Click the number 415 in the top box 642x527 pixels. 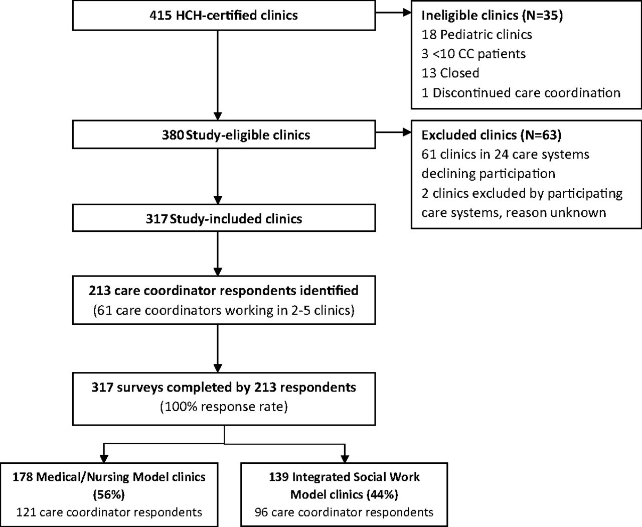coord(160,15)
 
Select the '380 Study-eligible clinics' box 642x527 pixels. coord(224,135)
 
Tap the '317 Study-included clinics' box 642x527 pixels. coord(224,218)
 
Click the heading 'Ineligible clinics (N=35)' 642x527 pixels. coord(492,15)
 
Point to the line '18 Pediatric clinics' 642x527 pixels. coord(476,35)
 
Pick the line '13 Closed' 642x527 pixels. coord(450,73)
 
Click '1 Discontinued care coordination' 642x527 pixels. coord(521,93)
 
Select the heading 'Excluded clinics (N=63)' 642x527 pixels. coord(492,135)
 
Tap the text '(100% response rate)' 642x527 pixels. coord(224,407)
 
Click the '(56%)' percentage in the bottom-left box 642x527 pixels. coord(109,494)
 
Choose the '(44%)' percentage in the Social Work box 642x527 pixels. coord(382,494)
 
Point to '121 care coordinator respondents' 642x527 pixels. coord(109,512)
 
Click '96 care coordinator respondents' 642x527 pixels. coord(344,512)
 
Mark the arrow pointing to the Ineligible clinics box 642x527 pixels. coord(394,13)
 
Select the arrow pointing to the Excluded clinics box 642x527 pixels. coord(394,132)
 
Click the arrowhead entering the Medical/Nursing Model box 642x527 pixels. coord(104,458)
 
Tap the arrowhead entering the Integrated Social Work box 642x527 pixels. coord(345,458)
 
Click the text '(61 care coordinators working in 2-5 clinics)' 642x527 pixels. coord(224,310)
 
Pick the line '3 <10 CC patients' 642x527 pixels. coord(473,54)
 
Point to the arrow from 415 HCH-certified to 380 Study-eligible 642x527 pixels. coord(218,75)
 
